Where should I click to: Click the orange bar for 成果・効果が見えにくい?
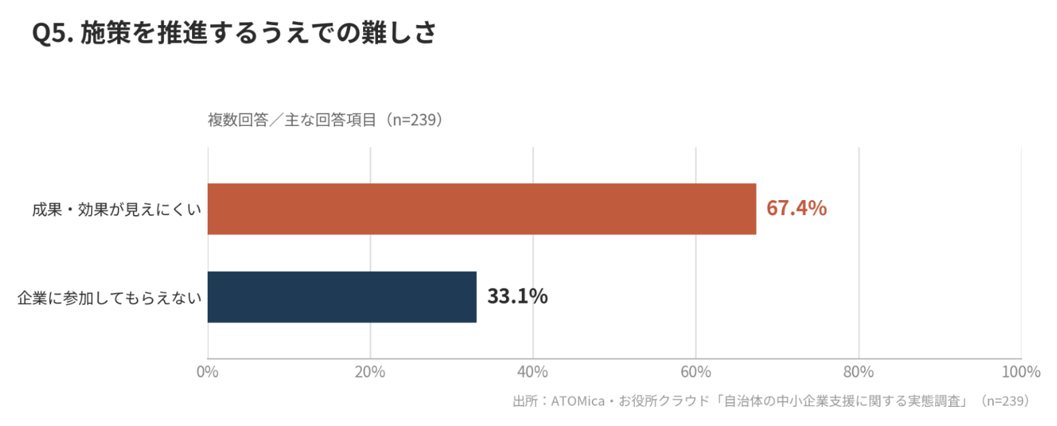(482, 209)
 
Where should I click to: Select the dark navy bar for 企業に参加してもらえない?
(342, 297)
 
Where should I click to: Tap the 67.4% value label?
(797, 208)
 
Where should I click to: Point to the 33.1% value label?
(517, 296)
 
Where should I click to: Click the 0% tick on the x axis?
(208, 372)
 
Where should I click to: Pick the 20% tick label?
(370, 372)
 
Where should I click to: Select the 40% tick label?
(533, 372)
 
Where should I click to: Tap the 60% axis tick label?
(695, 372)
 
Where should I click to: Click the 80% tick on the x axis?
(858, 372)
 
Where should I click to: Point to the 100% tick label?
(1021, 372)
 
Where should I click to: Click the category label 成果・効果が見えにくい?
(116, 209)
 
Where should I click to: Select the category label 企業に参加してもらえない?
(110, 298)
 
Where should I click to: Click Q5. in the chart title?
(52, 33)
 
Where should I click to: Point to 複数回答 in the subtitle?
(238, 120)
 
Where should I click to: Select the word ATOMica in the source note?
(578, 401)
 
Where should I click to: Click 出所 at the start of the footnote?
(525, 401)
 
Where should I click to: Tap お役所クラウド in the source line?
(664, 401)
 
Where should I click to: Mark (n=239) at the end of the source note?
(1005, 401)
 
